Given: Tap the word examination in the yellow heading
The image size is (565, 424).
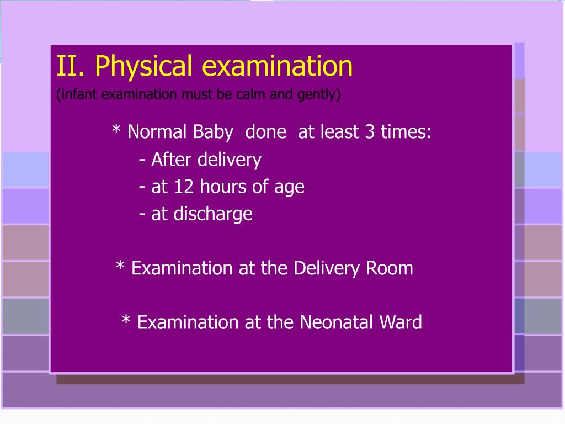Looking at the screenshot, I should (277, 67).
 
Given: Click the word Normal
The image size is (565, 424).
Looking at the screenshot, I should (157, 132).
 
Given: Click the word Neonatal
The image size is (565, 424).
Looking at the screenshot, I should (329, 322).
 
